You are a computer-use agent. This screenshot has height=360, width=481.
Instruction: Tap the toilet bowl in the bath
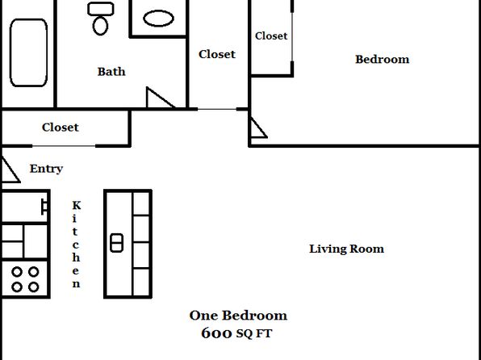pyautogui.click(x=100, y=26)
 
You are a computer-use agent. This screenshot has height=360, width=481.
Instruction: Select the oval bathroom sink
pyautogui.click(x=159, y=19)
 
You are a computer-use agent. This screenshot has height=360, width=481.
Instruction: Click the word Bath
pyautogui.click(x=111, y=72)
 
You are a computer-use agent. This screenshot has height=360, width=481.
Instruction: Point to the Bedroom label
pyautogui.click(x=383, y=59)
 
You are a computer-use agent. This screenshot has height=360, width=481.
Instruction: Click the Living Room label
pyautogui.click(x=346, y=249)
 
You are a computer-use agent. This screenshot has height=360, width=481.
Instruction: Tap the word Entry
pyautogui.click(x=46, y=169)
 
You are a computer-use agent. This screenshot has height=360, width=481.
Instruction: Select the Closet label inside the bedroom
pyautogui.click(x=271, y=36)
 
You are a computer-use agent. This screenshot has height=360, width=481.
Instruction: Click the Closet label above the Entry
pyautogui.click(x=61, y=128)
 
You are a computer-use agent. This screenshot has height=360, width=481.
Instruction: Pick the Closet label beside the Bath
pyautogui.click(x=217, y=54)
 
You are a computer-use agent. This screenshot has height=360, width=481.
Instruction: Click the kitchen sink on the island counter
pyautogui.click(x=116, y=243)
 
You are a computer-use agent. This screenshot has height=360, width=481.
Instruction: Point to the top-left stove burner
pyautogui.click(x=17, y=271)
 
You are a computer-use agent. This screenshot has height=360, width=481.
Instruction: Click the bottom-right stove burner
pyautogui.click(x=33, y=287)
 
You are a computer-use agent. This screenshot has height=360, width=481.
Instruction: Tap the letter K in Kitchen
pyautogui.click(x=77, y=205)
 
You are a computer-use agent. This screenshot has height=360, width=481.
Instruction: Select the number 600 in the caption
pyautogui.click(x=216, y=333)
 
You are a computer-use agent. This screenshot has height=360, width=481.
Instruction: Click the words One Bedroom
pyautogui.click(x=238, y=316)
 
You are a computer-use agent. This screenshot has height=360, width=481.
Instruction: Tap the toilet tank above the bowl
pyautogui.click(x=101, y=9)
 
